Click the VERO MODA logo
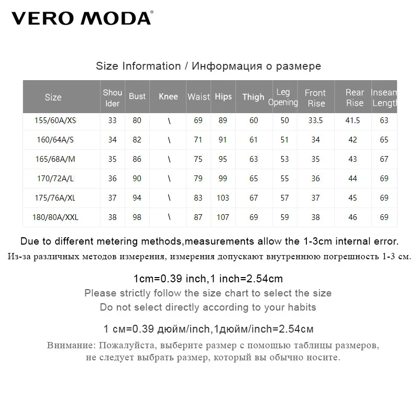pos(82,18)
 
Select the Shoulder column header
pos(112,98)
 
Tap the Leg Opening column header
pos(283,97)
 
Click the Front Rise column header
pos(315,98)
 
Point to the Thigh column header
pos(253,97)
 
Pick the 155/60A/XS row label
pos(55,120)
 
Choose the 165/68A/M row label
pos(55,159)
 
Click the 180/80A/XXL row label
pos(56,217)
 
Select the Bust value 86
pos(137,159)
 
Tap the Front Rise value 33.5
pos(316,120)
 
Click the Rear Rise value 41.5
pos(353,120)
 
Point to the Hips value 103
pos(223,198)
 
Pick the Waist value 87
pos(198,217)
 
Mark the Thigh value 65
pos(253,179)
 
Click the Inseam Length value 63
pos(384,120)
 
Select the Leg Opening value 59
pos(284,217)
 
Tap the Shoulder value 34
pos(112,140)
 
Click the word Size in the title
pos(107,67)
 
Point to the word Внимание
pos(69,346)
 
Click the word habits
pos(300,307)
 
